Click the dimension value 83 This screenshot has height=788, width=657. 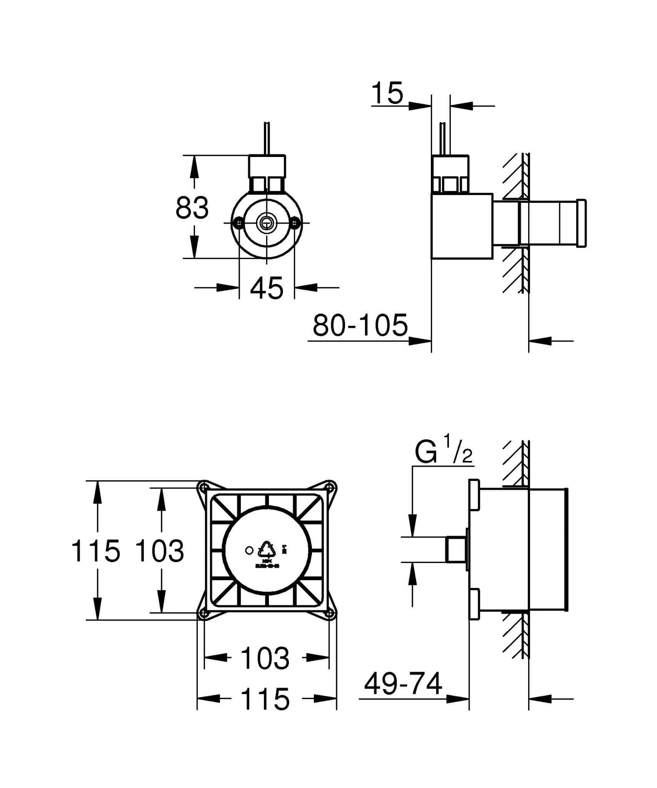(x=192, y=208)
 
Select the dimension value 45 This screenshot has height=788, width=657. (x=267, y=288)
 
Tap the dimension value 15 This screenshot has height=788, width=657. (x=387, y=93)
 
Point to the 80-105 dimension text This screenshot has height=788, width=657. (x=360, y=325)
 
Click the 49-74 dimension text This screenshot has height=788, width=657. (x=403, y=684)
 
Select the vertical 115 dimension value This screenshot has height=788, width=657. (x=95, y=551)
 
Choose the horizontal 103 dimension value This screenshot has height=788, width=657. (x=265, y=658)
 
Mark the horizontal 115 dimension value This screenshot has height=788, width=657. (x=265, y=699)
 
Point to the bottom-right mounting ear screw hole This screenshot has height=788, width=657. (x=330, y=613)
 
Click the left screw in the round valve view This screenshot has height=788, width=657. (x=239, y=222)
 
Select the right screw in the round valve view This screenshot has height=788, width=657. (x=295, y=222)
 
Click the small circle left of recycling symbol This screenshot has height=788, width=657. (x=249, y=551)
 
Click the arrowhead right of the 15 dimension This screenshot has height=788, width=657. (x=461, y=105)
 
